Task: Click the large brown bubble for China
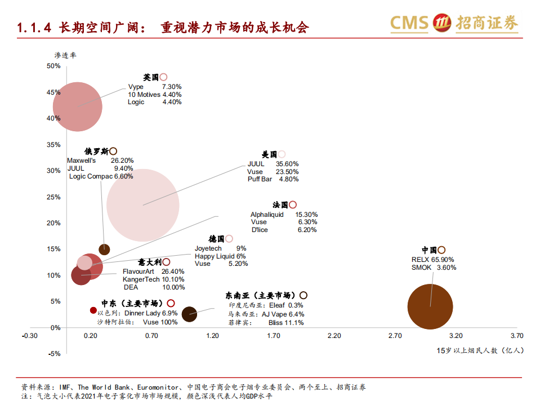pos(430,306)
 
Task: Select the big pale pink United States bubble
pos(143,205)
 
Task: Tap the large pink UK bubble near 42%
pos(78,106)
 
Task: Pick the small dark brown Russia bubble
pos(104,249)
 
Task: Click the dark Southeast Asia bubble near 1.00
pos(189,314)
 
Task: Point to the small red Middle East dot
pos(93,310)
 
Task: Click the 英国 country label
pos(151,77)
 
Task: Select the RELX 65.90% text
pos(432,260)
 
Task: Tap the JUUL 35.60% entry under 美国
pos(273,164)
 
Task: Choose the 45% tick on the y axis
pos(53,92)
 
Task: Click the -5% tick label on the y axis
pos(53,354)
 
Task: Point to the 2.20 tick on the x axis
pos(334,336)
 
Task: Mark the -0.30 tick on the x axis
pos(29,336)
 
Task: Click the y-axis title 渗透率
pos(65,55)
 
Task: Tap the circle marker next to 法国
pos(293,205)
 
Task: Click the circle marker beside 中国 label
pos(441,250)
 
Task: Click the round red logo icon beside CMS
pos(441,23)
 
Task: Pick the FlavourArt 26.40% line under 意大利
pos(153,272)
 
